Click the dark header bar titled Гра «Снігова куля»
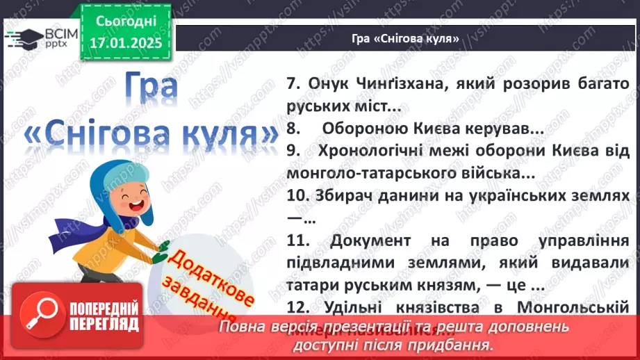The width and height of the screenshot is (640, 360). pyautogui.click(x=406, y=39)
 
